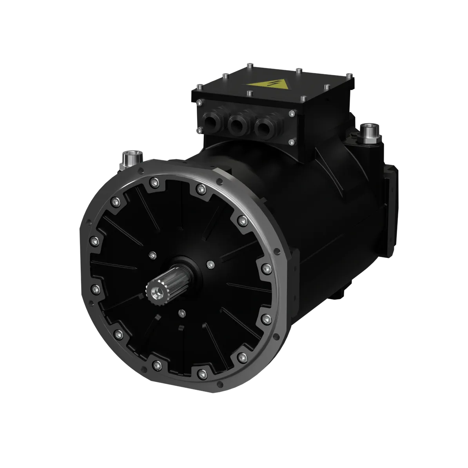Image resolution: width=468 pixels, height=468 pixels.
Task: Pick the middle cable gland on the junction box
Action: pos(238,125)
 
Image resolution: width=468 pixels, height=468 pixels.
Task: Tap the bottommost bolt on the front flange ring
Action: pos(157,365)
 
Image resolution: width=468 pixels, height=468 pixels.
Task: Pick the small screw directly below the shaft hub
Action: pos(181,313)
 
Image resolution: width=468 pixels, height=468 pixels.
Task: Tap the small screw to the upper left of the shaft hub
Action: pos(152,255)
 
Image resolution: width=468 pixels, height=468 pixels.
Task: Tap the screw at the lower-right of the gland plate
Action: pos(292,141)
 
